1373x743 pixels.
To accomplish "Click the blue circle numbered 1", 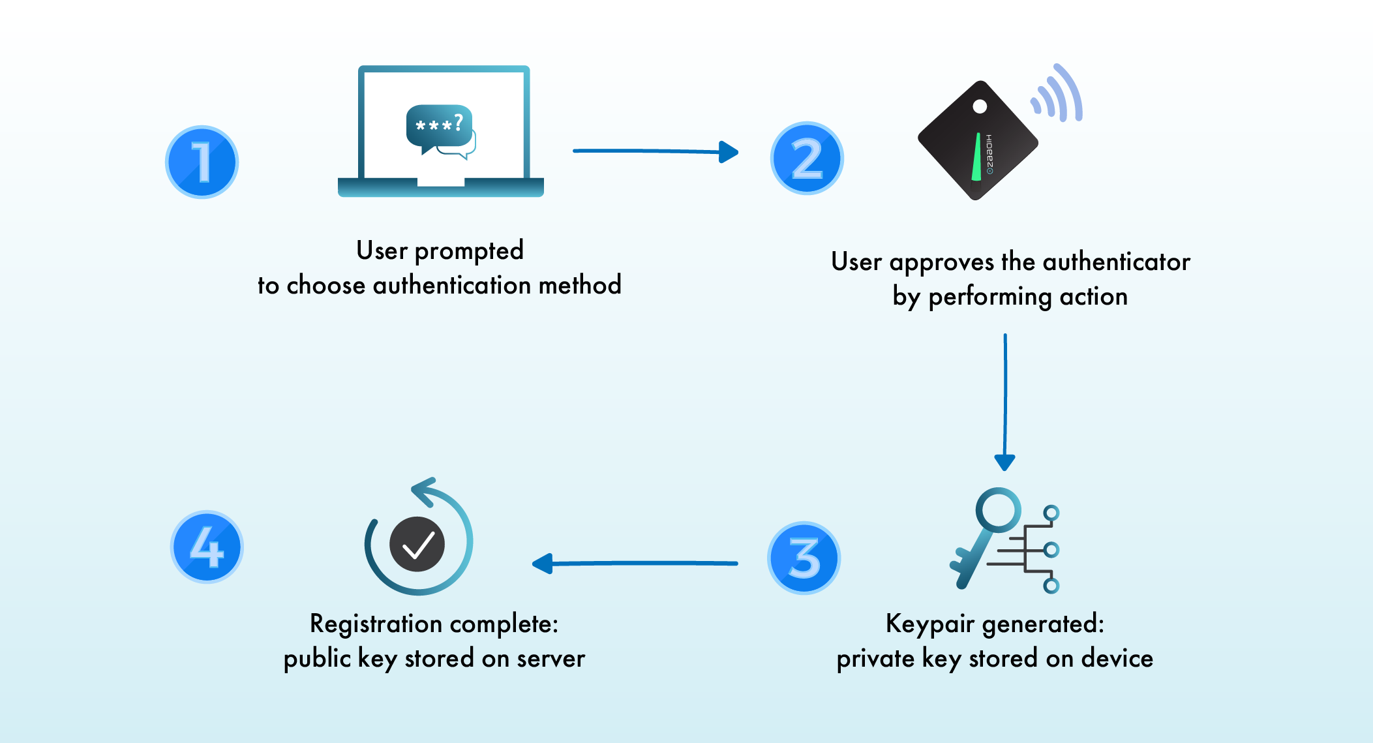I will [x=202, y=162].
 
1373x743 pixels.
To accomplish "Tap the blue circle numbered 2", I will [x=807, y=159].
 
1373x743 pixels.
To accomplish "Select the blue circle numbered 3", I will [x=804, y=558].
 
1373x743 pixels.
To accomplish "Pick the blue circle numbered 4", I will [x=207, y=547].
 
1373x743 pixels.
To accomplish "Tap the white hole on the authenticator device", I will [x=980, y=106].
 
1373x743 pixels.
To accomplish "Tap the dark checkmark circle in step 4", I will [x=417, y=544].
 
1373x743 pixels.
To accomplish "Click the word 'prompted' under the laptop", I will [x=469, y=251].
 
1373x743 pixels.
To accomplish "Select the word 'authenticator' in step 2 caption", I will [x=1117, y=262].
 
